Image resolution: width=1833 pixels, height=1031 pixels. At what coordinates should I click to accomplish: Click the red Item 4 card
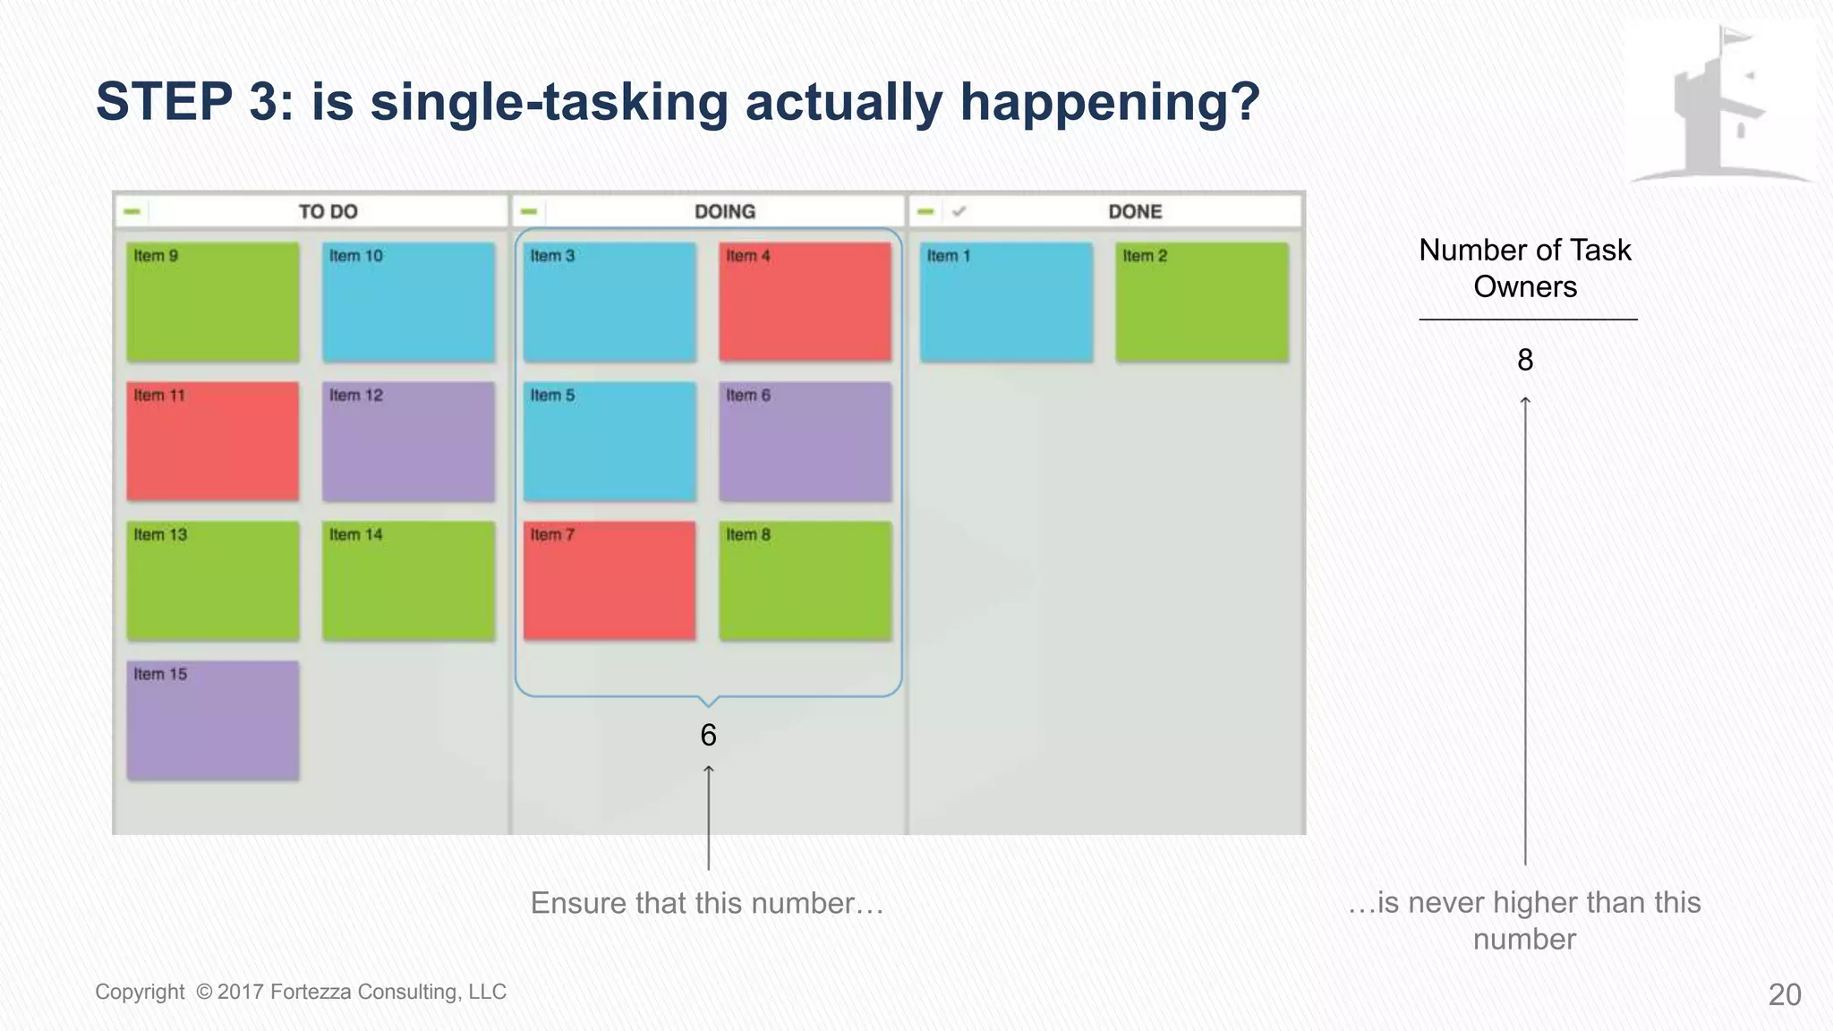pyautogui.click(x=805, y=302)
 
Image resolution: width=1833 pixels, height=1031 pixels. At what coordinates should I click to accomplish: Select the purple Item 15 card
pyautogui.click(x=212, y=720)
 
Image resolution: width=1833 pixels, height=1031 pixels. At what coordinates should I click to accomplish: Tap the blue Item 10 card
pyautogui.click(x=408, y=302)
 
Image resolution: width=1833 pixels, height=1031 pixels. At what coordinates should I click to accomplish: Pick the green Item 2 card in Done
pyautogui.click(x=1201, y=302)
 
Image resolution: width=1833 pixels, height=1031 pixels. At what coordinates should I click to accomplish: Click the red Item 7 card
pyautogui.click(x=609, y=581)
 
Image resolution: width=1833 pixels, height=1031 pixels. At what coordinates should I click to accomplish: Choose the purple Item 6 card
pyautogui.click(x=805, y=441)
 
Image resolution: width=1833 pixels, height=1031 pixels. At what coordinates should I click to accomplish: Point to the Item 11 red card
pyautogui.click(x=212, y=441)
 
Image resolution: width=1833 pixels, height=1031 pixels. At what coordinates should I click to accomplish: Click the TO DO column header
pyautogui.click(x=328, y=212)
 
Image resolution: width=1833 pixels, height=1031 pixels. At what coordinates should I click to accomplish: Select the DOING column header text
pyautogui.click(x=725, y=212)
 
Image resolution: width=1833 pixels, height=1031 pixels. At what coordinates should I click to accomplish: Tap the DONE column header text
pyautogui.click(x=1135, y=212)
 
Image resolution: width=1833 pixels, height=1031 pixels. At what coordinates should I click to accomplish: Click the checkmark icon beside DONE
pyautogui.click(x=959, y=212)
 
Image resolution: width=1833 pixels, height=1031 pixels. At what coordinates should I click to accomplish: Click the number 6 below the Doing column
pyautogui.click(x=708, y=735)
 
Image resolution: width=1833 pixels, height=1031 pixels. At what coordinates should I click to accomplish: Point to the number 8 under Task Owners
pyautogui.click(x=1525, y=360)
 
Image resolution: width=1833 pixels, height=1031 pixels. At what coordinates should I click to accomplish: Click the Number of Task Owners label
pyautogui.click(x=1525, y=268)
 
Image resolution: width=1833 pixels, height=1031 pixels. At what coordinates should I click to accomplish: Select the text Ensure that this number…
pyautogui.click(x=707, y=903)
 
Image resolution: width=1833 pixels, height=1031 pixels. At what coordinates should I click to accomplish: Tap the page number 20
pyautogui.click(x=1785, y=994)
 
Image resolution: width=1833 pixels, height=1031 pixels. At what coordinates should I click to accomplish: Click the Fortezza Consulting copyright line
pyautogui.click(x=301, y=992)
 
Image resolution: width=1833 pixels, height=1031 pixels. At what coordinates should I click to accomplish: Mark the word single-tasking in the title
pyautogui.click(x=550, y=101)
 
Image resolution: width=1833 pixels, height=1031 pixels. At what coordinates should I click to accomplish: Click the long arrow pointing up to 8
pyautogui.click(x=1525, y=626)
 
